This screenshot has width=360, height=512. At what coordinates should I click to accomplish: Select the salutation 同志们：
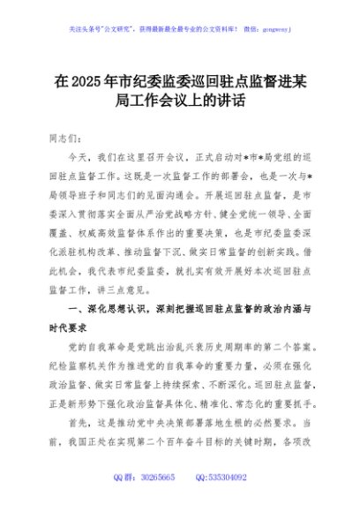70,139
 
